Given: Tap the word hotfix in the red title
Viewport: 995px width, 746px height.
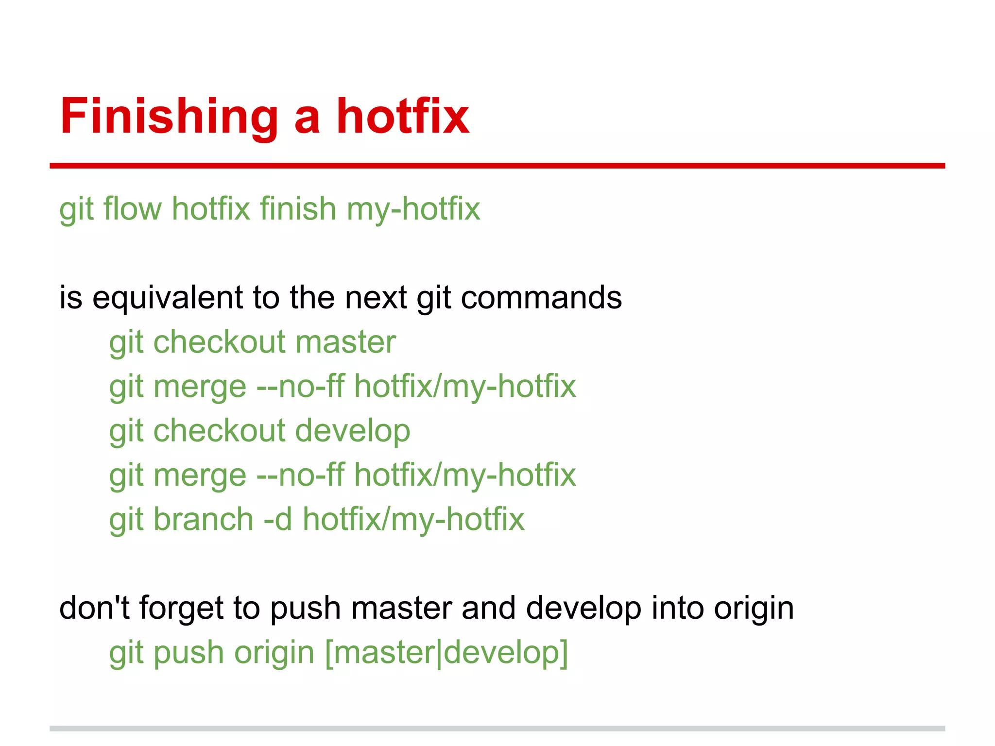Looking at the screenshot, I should tap(403, 117).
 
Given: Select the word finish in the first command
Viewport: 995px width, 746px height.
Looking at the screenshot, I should tap(298, 209).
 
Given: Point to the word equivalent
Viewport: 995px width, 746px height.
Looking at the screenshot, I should tap(168, 297).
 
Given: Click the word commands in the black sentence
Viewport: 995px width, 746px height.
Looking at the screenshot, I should tap(541, 297).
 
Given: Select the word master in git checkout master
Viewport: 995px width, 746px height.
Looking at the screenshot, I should tap(345, 342).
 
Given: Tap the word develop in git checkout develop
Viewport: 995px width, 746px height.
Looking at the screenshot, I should tap(353, 431).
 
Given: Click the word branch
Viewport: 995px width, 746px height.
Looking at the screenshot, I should tap(204, 519).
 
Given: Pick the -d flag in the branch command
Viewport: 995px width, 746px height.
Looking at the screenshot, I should tap(278, 519).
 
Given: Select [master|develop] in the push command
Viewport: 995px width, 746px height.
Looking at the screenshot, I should tap(446, 653).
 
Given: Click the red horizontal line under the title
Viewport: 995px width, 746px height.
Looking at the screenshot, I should tap(497, 166).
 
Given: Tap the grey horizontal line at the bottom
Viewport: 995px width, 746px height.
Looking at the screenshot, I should tap(497, 729).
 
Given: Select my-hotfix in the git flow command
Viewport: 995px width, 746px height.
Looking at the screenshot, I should tap(413, 209).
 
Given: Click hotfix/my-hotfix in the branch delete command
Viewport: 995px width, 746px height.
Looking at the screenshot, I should tap(413, 519).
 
